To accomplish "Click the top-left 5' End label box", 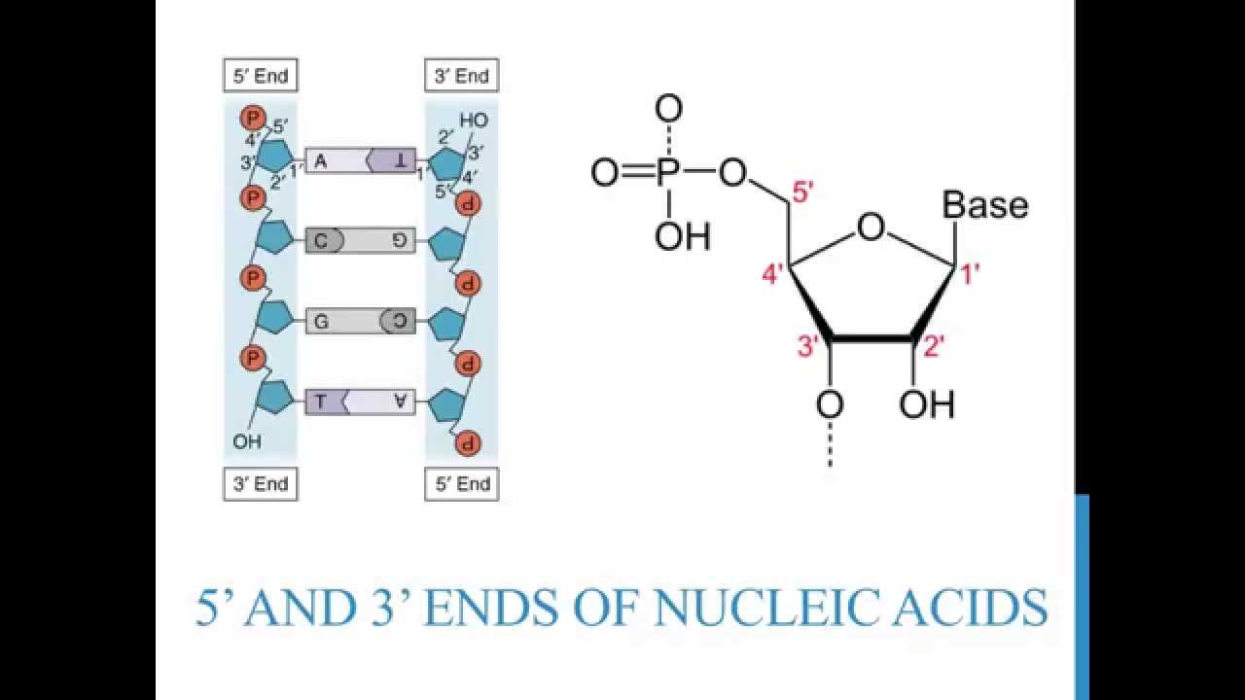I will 260,76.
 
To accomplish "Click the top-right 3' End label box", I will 461,76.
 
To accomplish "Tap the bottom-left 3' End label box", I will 260,483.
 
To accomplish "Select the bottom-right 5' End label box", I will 461,483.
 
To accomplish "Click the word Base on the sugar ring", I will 984,205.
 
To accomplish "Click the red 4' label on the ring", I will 773,274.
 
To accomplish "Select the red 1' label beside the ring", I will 970,275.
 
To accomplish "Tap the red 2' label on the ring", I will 934,347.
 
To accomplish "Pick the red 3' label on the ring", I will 809,347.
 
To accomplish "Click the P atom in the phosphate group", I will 667,173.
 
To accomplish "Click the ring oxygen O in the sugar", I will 871,227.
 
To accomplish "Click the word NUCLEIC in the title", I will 747,608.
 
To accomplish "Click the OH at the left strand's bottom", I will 247,442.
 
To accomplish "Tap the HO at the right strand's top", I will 474,121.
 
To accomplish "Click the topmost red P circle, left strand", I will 252,119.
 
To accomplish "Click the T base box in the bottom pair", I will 331,402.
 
